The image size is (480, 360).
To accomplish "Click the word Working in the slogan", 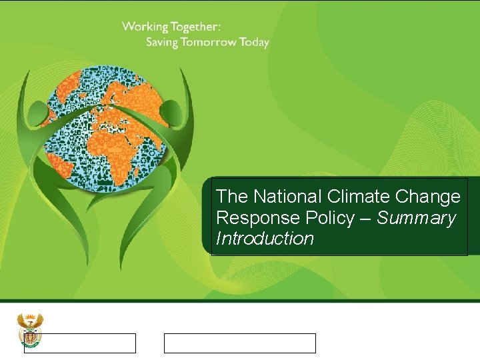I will [145, 27].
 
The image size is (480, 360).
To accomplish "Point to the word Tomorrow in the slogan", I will [211, 42].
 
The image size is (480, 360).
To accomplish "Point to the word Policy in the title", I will [326, 218].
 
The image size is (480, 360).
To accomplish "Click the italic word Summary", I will [416, 218].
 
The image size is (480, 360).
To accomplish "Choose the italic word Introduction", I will [265, 239].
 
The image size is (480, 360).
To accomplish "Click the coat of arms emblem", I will [29, 329].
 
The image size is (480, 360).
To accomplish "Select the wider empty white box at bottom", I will [240, 343].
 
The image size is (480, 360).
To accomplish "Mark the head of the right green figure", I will [171, 107].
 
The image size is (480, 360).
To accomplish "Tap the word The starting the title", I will [230, 197].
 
